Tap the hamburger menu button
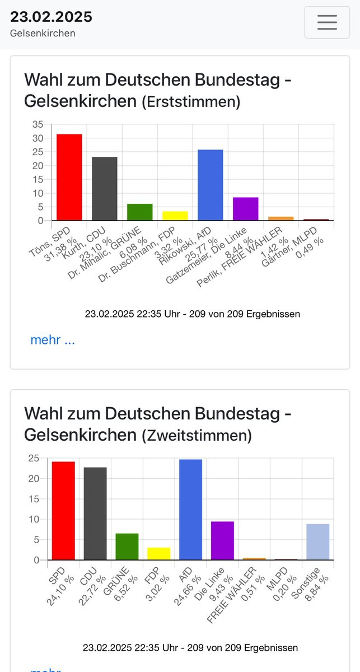point(327,22)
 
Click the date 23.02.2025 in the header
point(51,17)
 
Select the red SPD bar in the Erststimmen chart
point(69,178)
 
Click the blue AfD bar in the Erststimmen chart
point(210,185)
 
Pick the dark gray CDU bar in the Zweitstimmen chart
point(95,514)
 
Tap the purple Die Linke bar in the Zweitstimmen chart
point(222,540)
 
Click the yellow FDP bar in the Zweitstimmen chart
point(158,553)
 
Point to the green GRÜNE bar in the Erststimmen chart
point(139,212)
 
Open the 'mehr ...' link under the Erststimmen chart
point(52,339)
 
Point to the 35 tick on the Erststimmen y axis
point(37,124)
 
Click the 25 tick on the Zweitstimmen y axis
point(35,459)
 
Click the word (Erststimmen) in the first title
point(190,102)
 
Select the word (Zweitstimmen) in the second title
point(196,435)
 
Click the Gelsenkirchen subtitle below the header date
point(43,33)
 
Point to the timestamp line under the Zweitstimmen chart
point(190,647)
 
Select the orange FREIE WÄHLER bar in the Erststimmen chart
point(280,218)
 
